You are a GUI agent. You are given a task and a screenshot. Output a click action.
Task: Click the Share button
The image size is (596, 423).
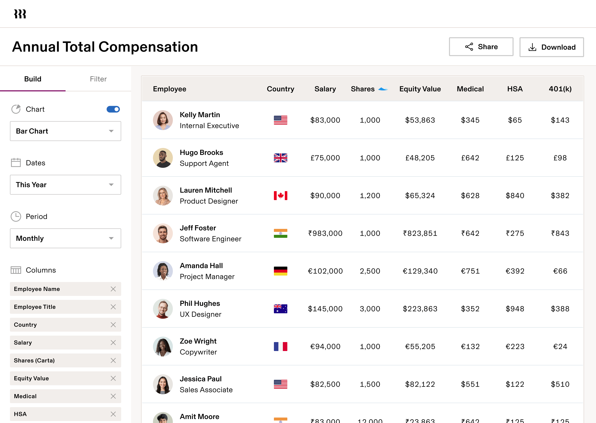tap(481, 47)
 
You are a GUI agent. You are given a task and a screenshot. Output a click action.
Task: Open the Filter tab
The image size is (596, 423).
tap(98, 79)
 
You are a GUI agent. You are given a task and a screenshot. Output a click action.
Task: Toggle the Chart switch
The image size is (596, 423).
tap(113, 109)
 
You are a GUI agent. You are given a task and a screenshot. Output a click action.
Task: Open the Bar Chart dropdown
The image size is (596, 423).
tap(65, 131)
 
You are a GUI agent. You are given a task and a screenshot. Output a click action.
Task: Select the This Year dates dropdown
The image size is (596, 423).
tap(65, 185)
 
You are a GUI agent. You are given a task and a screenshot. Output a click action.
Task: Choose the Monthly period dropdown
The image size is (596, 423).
tap(65, 238)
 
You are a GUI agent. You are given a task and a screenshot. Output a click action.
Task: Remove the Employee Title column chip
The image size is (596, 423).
tap(113, 307)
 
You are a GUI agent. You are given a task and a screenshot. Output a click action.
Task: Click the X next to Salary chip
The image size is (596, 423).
tap(113, 343)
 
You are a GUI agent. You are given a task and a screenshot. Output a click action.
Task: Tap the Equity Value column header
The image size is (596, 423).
tap(420, 89)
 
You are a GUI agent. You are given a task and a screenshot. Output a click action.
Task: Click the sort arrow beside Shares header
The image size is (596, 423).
tap(383, 89)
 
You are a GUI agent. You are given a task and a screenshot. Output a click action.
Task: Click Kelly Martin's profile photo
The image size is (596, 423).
tap(163, 120)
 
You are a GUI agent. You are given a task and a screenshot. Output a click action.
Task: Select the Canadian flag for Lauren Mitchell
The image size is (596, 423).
tap(280, 196)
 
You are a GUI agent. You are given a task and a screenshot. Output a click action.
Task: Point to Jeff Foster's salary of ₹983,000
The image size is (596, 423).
tap(325, 233)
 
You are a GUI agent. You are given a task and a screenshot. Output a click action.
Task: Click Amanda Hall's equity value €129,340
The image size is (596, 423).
tap(420, 271)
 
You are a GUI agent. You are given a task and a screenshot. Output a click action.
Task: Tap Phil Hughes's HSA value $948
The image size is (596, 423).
tap(515, 309)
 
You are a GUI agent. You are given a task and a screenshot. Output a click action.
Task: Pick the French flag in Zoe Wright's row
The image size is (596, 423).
tap(280, 347)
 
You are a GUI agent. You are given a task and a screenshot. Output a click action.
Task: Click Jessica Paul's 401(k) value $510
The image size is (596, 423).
tap(560, 384)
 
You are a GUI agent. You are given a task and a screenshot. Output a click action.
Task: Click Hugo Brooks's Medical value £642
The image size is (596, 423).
tap(470, 158)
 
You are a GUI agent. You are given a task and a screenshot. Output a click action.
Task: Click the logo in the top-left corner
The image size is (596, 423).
tap(20, 14)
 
